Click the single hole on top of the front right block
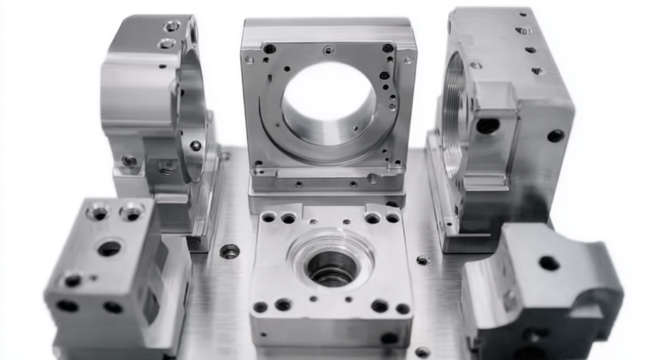coord(549,263)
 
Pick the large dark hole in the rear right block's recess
coord(488,125)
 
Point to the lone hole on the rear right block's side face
coord(555,135)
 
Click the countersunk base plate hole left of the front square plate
coord(230,251)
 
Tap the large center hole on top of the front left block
coord(109,248)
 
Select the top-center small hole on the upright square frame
coord(328,51)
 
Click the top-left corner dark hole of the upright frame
coord(270,48)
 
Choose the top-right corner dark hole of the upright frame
coord(387,48)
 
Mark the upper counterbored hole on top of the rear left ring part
coord(172,26)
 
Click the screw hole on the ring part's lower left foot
coord(129,160)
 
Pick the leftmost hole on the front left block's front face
coord(67,306)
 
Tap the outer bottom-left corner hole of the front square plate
coord(260,307)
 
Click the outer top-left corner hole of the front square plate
coord(268,217)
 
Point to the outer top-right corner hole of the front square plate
coord(392,218)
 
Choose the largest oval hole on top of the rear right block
coord(523,31)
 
